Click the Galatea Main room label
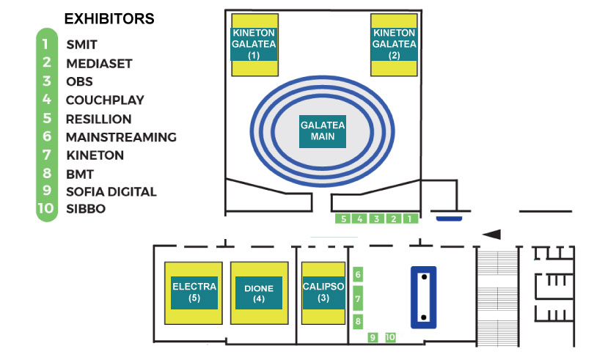pyautogui.click(x=323, y=131)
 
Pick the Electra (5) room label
pyautogui.click(x=194, y=292)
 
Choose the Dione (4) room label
pyautogui.click(x=259, y=293)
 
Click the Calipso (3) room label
pyautogui.click(x=323, y=292)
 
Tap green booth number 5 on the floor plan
pyautogui.click(x=343, y=218)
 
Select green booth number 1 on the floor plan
pyautogui.click(x=410, y=218)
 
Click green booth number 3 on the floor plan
pyautogui.click(x=376, y=218)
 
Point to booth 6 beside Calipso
pyautogui.click(x=358, y=275)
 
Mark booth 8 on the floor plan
pyautogui.click(x=358, y=321)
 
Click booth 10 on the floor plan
pyautogui.click(x=390, y=337)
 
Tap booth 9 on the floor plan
pyautogui.click(x=373, y=337)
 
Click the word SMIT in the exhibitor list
pyautogui.click(x=81, y=45)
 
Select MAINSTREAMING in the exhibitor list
pyautogui.click(x=121, y=136)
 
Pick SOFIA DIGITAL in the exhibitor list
pyautogui.click(x=111, y=191)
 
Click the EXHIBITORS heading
pyautogui.click(x=109, y=18)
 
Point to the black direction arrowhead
pyautogui.click(x=491, y=234)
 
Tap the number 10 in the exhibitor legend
pyautogui.click(x=45, y=209)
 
